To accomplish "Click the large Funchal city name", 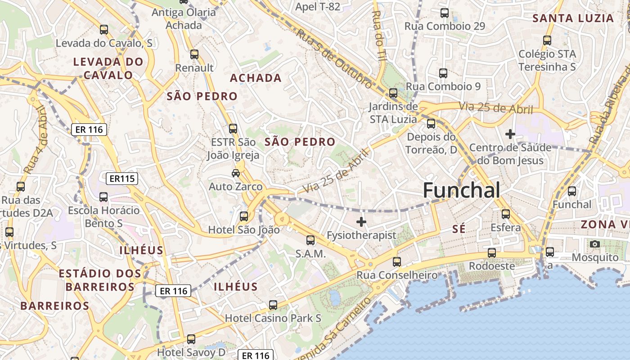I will (x=461, y=191).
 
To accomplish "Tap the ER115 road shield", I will (x=122, y=179).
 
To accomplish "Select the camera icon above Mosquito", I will (x=595, y=244).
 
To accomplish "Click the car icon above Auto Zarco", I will (x=235, y=173).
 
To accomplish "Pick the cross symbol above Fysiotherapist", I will (x=361, y=221).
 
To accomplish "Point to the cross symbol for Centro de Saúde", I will (x=510, y=134).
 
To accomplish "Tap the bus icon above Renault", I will (x=194, y=54).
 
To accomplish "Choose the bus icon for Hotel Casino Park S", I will (x=273, y=305).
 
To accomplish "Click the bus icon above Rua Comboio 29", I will (x=445, y=13).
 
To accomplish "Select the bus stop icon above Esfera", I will (x=506, y=214).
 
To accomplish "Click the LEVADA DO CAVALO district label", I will (x=108, y=68).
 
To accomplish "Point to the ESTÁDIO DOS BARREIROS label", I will (x=100, y=280).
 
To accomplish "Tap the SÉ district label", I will (x=459, y=229).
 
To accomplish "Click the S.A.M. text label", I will (x=310, y=254).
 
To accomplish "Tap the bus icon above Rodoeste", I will (x=492, y=252).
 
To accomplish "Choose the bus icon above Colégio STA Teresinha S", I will (x=547, y=40).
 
